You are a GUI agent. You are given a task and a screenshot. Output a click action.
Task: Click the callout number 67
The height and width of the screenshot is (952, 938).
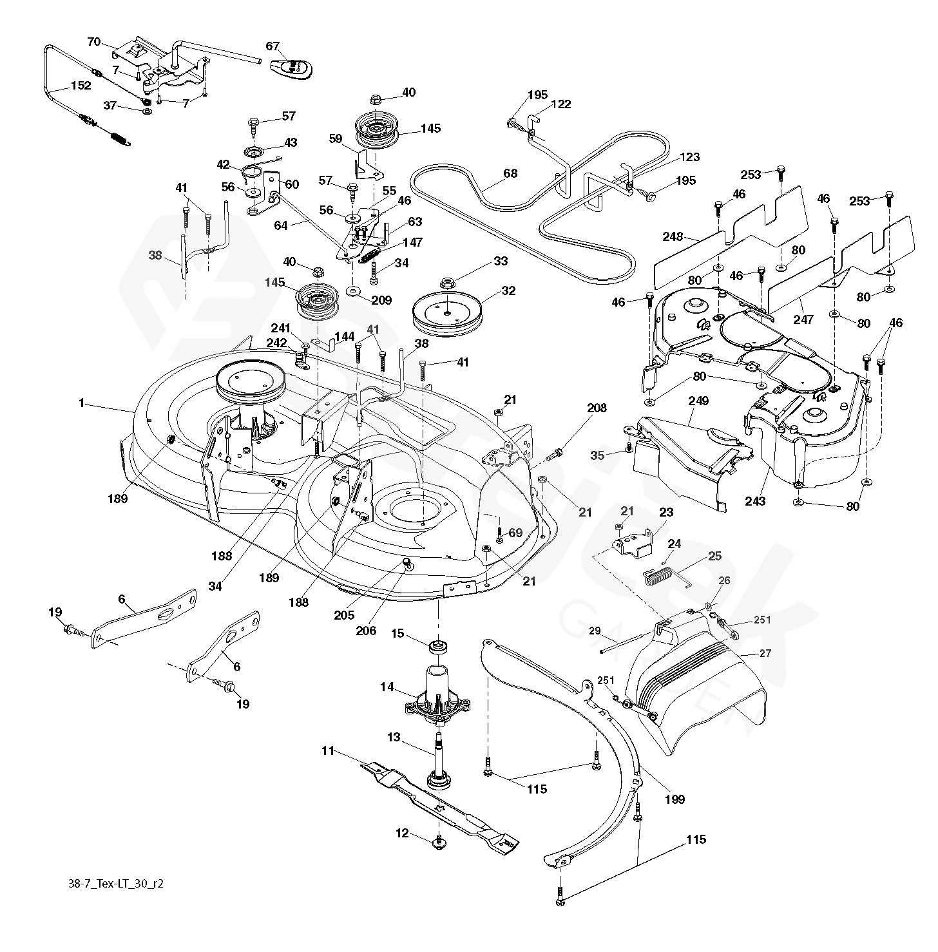[x=273, y=46]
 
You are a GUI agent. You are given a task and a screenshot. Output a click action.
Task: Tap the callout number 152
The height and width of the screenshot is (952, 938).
[x=81, y=86]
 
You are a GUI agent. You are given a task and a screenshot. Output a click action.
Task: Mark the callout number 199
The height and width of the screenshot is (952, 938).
[x=675, y=799]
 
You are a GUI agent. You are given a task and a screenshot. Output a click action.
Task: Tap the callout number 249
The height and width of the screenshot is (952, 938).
[x=698, y=401]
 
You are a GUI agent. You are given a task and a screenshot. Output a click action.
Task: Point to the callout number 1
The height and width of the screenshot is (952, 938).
[x=81, y=403]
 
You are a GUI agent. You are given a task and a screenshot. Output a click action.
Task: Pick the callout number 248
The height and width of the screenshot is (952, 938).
[x=672, y=237]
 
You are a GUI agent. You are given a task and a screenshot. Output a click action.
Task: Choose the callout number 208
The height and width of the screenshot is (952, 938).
[x=597, y=407]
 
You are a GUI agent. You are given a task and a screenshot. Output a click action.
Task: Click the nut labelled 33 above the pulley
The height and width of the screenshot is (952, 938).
[x=446, y=282]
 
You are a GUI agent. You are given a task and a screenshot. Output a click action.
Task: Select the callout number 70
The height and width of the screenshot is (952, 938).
[x=94, y=42]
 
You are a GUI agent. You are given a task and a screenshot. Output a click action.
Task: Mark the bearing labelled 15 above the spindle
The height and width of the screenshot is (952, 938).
[x=439, y=645]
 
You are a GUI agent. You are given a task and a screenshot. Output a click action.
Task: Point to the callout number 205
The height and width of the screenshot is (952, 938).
[x=345, y=615]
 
